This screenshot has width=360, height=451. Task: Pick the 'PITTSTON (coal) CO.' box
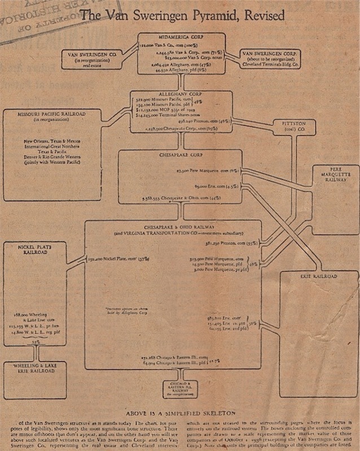[x=293, y=127]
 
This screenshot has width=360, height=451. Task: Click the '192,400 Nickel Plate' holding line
[x=117, y=259]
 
